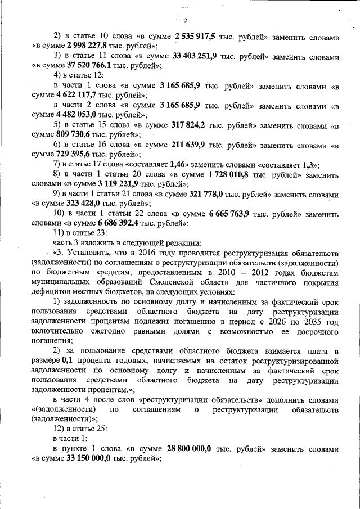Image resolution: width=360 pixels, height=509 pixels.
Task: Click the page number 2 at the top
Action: click(184, 21)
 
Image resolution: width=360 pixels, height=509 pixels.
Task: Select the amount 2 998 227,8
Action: click(91, 47)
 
